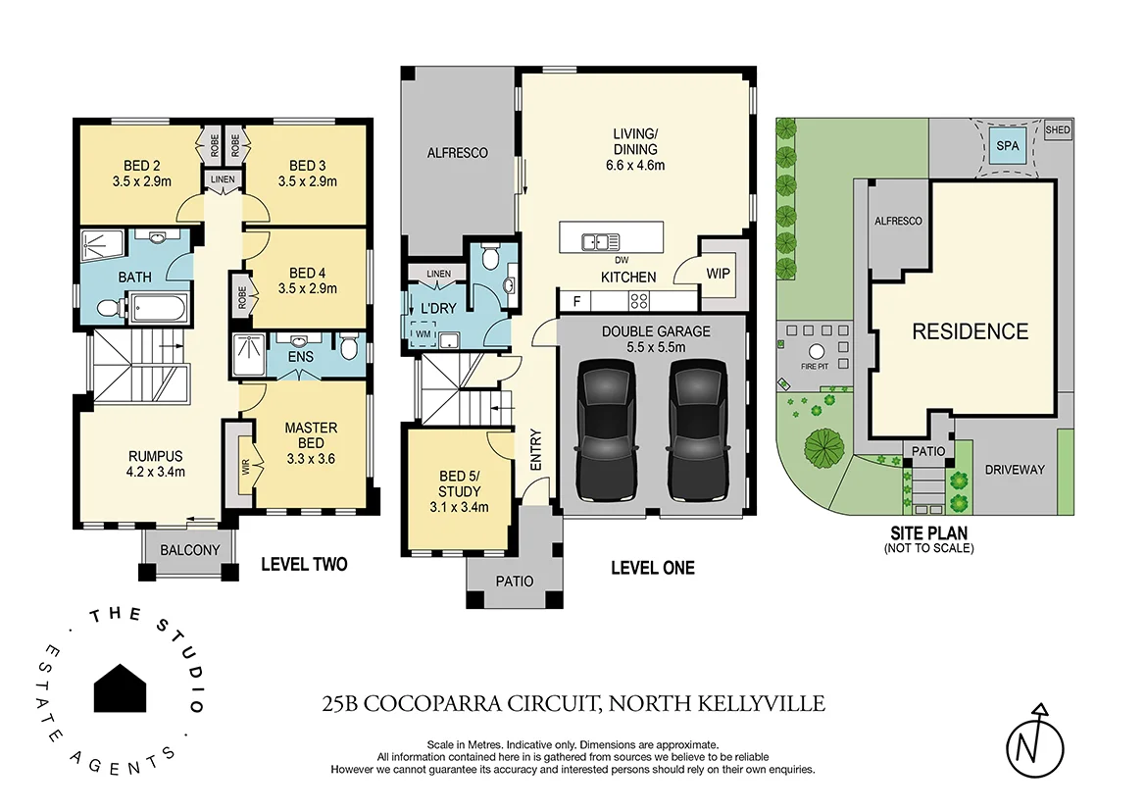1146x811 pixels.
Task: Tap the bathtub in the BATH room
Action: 158,308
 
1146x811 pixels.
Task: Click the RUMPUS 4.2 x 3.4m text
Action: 156,463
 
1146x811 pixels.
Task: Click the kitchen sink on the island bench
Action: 597,239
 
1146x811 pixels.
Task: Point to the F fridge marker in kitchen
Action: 575,301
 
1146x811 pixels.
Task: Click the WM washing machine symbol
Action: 424,333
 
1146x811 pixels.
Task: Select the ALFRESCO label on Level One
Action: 457,153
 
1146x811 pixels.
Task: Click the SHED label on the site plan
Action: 1058,129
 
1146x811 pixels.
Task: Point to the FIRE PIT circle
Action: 816,353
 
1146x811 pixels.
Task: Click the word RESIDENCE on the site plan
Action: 970,331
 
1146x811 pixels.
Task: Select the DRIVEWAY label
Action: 1015,470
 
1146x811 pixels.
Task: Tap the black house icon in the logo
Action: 121,687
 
